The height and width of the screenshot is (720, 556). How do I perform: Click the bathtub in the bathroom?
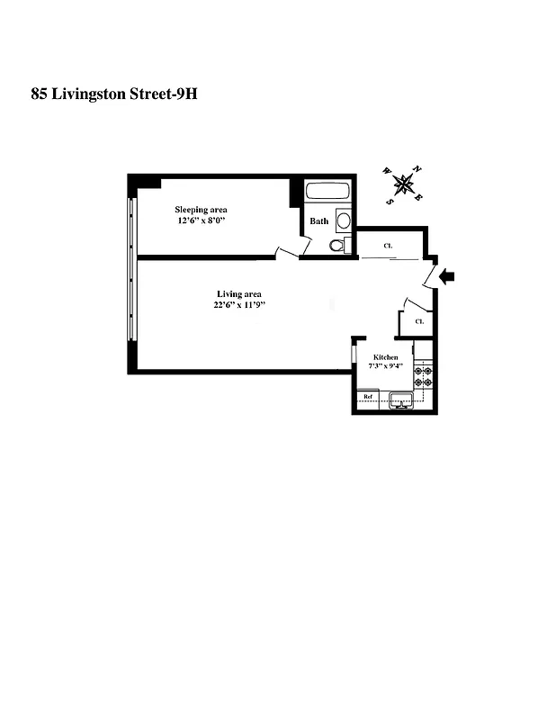tap(327, 191)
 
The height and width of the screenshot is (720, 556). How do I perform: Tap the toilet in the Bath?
tap(336, 244)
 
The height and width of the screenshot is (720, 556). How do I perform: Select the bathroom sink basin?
tap(344, 220)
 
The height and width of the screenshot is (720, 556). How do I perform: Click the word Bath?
tap(319, 220)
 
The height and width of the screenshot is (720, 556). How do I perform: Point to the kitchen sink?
tap(400, 400)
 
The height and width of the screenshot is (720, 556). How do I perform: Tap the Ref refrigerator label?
tap(367, 397)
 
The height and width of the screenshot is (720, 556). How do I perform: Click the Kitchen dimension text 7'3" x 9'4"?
tap(386, 366)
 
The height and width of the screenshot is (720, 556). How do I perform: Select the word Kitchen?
tap(386, 357)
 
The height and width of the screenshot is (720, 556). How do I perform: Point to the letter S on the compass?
tap(390, 201)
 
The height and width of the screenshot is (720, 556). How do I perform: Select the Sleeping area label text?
tap(201, 210)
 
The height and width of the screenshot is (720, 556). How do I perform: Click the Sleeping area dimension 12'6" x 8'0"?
tap(201, 220)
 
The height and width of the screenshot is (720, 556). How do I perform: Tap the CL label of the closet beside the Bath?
tap(388, 245)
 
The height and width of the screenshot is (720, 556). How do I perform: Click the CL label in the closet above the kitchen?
tap(419, 321)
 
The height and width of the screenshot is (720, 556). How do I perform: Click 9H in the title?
tap(184, 93)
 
